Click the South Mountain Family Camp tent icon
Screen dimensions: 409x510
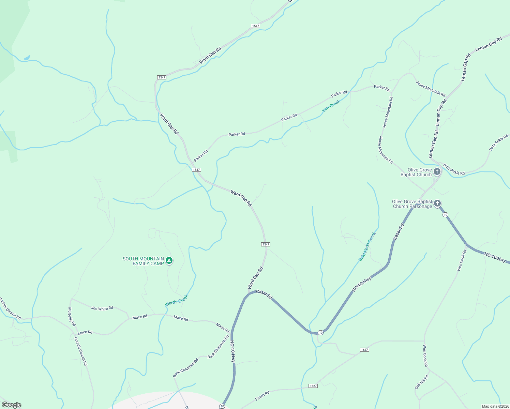(x=169, y=261)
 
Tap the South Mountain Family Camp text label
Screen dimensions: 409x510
(x=143, y=261)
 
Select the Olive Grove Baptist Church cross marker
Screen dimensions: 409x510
(x=437, y=172)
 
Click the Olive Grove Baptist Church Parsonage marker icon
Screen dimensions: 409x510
(x=437, y=203)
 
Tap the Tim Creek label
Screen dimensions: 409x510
(x=331, y=106)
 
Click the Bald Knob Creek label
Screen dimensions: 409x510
(x=367, y=246)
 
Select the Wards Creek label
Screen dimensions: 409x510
(x=177, y=301)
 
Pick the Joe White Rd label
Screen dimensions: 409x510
(x=102, y=308)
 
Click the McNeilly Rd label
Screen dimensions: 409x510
(x=72, y=317)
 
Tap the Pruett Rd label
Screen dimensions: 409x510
(x=262, y=396)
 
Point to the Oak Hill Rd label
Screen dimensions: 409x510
(x=421, y=382)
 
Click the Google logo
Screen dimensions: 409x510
(x=11, y=405)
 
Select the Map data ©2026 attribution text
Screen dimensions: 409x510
(x=495, y=406)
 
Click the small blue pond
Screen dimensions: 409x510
(x=27, y=58)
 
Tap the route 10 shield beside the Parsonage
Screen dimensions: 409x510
(x=445, y=215)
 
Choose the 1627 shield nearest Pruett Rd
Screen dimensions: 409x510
(x=313, y=386)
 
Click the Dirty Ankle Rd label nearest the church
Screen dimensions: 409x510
(x=454, y=170)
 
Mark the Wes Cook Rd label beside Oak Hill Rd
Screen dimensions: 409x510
(x=425, y=356)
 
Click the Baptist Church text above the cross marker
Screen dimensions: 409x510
(x=416, y=175)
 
